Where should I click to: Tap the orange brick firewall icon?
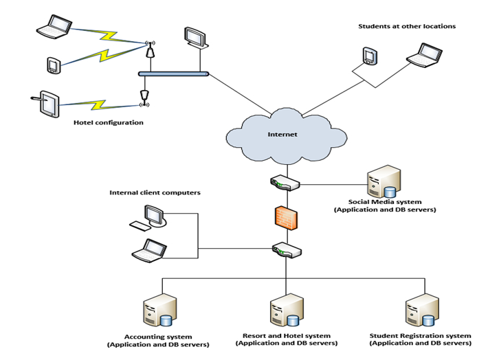284,217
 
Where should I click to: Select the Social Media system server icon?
383,183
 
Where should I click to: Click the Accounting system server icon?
159,310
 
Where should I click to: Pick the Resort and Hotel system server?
285,310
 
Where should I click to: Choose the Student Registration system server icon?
421,310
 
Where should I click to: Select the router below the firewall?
284,249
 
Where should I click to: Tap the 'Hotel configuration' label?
109,123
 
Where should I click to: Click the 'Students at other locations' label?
407,27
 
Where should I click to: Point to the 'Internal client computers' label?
155,193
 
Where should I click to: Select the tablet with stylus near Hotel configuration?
49,104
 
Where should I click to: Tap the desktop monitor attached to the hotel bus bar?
195,37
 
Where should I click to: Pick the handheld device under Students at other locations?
370,56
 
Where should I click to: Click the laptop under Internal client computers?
149,250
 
